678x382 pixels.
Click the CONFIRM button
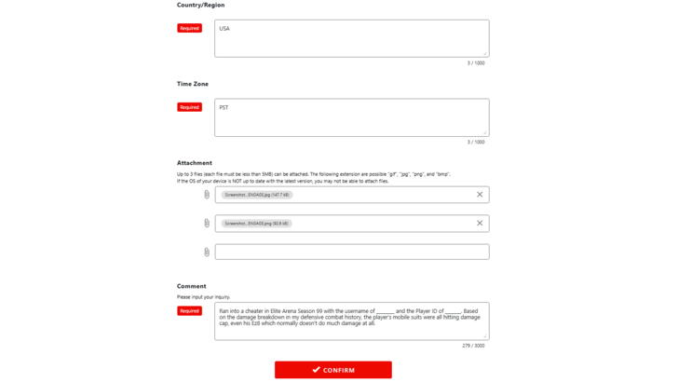[x=332, y=370]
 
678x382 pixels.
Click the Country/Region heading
[x=200, y=6]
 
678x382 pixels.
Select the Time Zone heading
[x=193, y=84]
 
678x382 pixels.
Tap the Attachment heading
[x=195, y=163]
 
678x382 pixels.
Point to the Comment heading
[x=192, y=286]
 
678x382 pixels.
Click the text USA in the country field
[x=224, y=29]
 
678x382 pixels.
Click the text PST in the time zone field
[x=224, y=108]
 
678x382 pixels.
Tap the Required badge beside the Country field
[x=190, y=29]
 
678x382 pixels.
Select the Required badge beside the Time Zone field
[x=190, y=108]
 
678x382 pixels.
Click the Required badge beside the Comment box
[x=190, y=311]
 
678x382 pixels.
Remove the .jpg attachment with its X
[x=480, y=195]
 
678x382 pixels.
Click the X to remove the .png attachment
[x=480, y=224]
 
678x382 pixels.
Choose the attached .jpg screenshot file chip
[x=257, y=196]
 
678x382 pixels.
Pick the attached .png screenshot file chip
[x=257, y=224]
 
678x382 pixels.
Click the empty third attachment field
[x=351, y=252]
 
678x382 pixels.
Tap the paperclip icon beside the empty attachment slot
[x=207, y=252]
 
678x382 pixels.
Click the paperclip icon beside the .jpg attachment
[x=207, y=196]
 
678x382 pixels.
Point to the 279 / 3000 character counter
[x=473, y=346]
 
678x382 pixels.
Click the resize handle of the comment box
[x=485, y=336]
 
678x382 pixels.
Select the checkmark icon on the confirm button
[x=317, y=370]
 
